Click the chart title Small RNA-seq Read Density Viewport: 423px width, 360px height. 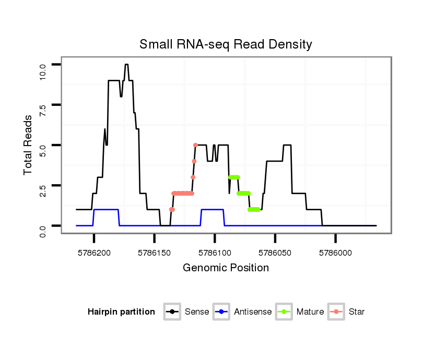[x=226, y=44]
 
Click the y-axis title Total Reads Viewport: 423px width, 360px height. [x=28, y=145]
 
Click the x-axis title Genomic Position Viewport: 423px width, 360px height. [x=226, y=268]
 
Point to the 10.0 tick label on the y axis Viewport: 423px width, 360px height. [x=43, y=69]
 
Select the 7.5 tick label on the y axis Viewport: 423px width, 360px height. [x=43, y=111]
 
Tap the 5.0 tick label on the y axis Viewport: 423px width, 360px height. [x=43, y=151]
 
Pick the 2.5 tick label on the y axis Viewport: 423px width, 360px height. [x=43, y=191]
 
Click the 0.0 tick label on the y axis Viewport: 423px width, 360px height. [x=43, y=231]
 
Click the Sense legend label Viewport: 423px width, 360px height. [x=197, y=312]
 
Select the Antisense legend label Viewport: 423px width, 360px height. [x=252, y=312]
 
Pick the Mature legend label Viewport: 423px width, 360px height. [x=310, y=312]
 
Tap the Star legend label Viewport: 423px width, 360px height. [x=357, y=312]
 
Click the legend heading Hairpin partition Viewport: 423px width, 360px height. [x=121, y=312]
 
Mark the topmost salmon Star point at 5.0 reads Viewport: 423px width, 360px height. [x=195, y=145]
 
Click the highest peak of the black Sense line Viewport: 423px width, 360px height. [x=126, y=65]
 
